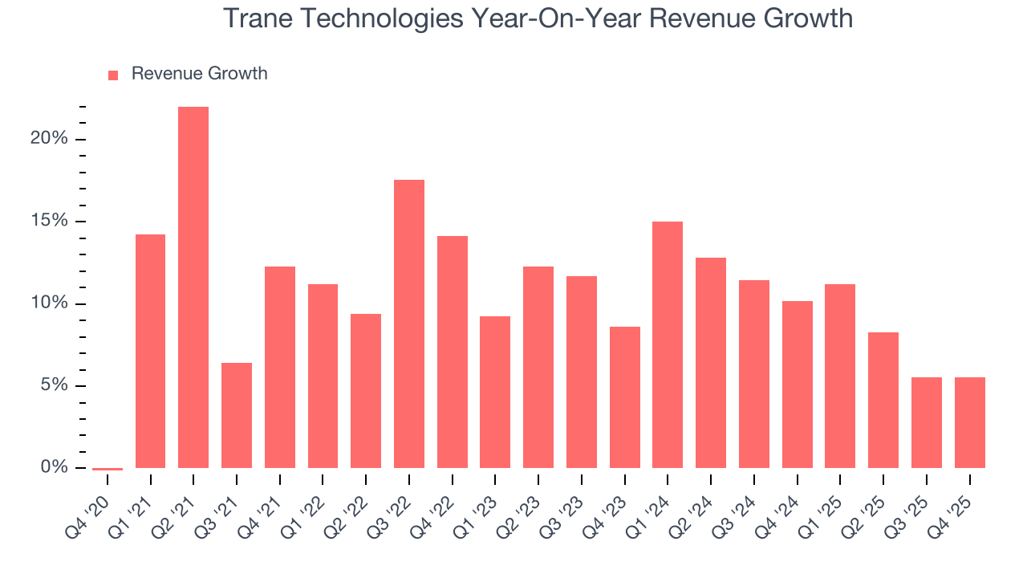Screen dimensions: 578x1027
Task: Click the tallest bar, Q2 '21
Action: [193, 287]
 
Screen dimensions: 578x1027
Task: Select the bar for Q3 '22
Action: [409, 324]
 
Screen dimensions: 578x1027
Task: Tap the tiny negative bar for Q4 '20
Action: [108, 469]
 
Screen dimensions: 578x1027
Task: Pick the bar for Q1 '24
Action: [668, 344]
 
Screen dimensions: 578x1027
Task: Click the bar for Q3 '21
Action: [237, 415]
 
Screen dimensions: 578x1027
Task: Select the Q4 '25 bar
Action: [969, 422]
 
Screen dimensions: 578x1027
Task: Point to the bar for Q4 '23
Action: [624, 397]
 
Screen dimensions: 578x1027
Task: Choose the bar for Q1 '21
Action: [150, 351]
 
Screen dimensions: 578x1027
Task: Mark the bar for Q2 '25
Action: [883, 400]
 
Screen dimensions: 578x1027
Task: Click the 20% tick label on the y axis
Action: [49, 139]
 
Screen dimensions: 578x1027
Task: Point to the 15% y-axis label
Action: [49, 221]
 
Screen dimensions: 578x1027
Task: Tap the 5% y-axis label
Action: [53, 385]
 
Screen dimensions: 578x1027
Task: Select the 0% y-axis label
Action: [53, 467]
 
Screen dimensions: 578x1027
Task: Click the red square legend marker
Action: [113, 75]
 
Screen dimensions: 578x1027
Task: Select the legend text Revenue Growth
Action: [199, 74]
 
